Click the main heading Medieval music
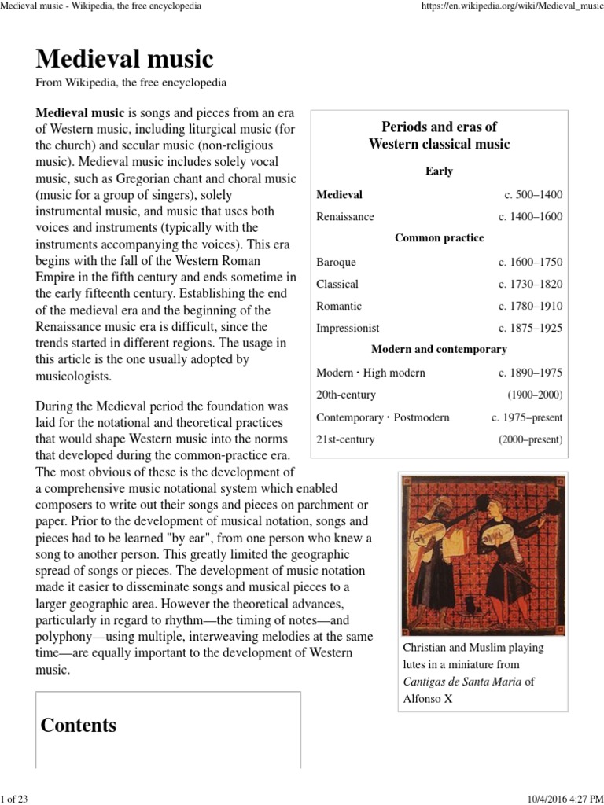(x=124, y=58)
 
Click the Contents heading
(x=79, y=725)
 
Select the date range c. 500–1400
(x=533, y=194)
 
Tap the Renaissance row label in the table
(x=345, y=216)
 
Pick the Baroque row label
(x=336, y=262)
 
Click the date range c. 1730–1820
(x=530, y=284)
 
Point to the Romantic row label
(x=339, y=306)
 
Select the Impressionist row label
(x=348, y=328)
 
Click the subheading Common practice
(x=439, y=237)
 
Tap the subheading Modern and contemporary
(x=439, y=349)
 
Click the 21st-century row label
(x=345, y=439)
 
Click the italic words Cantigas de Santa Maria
(x=462, y=682)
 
